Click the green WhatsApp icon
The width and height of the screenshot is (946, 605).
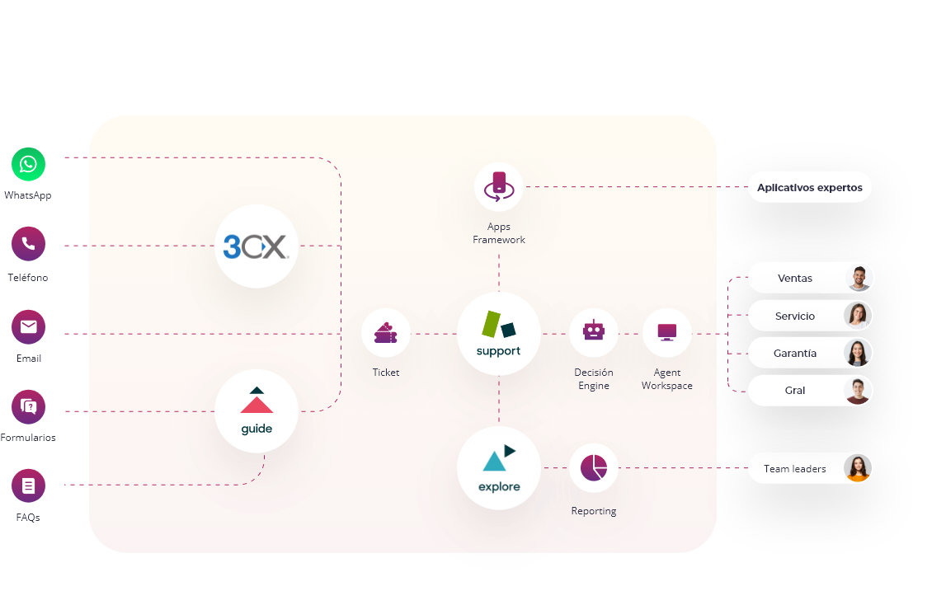click(x=29, y=164)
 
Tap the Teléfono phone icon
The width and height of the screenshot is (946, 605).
click(x=29, y=244)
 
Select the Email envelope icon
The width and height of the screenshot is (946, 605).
click(x=29, y=327)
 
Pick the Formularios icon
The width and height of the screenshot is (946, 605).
click(x=29, y=406)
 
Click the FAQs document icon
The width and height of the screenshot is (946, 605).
click(x=29, y=485)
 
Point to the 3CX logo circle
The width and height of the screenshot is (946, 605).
click(x=256, y=246)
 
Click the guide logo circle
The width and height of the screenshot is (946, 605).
click(x=256, y=410)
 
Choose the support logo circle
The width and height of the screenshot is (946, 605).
click(x=499, y=333)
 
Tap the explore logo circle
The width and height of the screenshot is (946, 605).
click(x=499, y=468)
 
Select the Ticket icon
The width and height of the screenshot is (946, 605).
click(x=385, y=333)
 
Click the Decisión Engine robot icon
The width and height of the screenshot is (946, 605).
click(x=594, y=331)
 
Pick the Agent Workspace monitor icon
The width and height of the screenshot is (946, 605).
click(x=666, y=332)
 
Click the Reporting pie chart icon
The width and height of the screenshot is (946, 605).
click(x=594, y=468)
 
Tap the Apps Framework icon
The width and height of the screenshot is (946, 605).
click(x=499, y=187)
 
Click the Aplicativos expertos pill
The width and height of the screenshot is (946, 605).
click(x=809, y=187)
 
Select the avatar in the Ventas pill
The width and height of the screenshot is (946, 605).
click(x=859, y=279)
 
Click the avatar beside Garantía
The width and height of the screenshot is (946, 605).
click(x=858, y=353)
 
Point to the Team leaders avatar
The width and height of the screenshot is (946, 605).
click(x=858, y=468)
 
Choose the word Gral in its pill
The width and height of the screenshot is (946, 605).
click(x=795, y=391)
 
